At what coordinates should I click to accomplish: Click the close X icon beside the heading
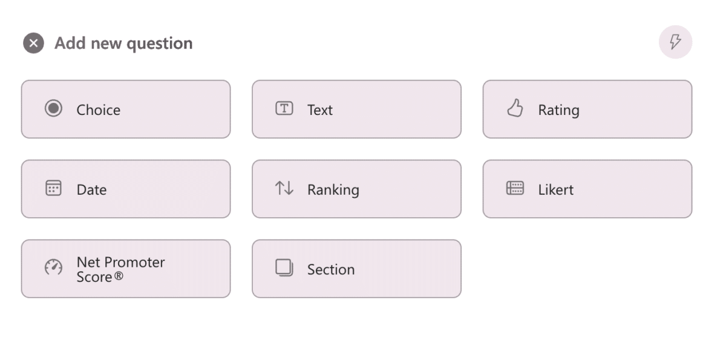click(x=34, y=43)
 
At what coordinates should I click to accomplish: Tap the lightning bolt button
click(x=675, y=42)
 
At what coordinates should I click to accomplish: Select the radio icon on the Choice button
click(x=54, y=109)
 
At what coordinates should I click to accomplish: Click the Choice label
click(x=98, y=110)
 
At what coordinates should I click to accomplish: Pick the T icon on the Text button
click(x=284, y=109)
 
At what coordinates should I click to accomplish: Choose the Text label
click(x=320, y=110)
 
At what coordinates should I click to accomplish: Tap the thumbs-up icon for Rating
click(x=515, y=109)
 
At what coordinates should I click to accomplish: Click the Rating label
click(x=558, y=110)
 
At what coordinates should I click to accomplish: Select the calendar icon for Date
click(x=54, y=188)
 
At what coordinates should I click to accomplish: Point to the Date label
click(x=91, y=190)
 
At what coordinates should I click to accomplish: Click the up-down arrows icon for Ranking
click(x=284, y=188)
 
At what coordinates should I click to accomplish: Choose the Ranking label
click(x=333, y=190)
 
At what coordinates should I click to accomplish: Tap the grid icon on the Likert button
click(x=515, y=188)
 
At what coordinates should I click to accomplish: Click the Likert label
click(x=555, y=190)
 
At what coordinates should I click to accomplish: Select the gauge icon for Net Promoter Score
click(x=54, y=267)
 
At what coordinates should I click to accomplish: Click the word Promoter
click(x=134, y=262)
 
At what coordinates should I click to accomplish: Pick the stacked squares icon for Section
click(x=284, y=267)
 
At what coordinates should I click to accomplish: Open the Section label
click(x=331, y=270)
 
